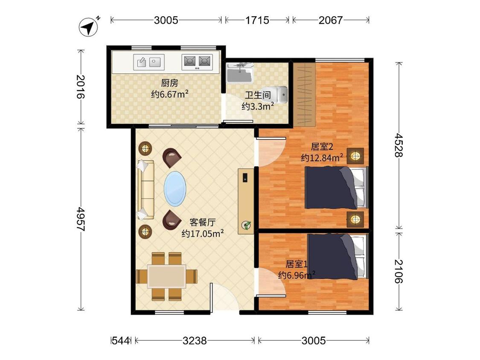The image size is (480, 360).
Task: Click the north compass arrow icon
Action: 89,27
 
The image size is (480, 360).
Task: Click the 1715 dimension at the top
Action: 257,20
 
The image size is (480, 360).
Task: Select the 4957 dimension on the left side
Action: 81,219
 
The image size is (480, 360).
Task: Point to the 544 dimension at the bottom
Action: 121,340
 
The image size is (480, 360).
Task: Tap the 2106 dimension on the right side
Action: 399,271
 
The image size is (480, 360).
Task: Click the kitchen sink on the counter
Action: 149,62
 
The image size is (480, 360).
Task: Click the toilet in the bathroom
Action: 279,94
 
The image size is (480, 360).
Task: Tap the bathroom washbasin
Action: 240,73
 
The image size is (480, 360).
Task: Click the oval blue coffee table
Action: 175,188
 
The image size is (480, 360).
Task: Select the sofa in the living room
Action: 146,189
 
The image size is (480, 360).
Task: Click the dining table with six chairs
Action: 166,276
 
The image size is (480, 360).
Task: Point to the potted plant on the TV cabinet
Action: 246,226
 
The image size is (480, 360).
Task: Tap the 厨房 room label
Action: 169,83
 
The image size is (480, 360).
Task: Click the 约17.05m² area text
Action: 202,234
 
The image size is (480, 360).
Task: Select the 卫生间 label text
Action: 258,95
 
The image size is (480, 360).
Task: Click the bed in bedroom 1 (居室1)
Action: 337,256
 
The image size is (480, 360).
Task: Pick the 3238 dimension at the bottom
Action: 195,340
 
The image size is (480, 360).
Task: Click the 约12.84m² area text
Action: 322,158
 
